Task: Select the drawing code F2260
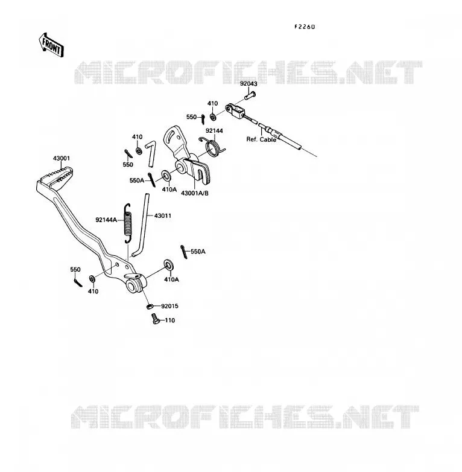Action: pos(305,27)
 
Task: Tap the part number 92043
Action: pos(248,84)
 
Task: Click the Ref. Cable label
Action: pos(261,139)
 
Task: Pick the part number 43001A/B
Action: pos(195,193)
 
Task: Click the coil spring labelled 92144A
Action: pos(128,223)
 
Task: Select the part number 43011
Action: pos(163,216)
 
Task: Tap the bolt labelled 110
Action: pos(156,319)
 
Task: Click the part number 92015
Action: pos(169,306)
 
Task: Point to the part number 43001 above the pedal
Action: pos(62,158)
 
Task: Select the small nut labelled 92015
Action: pos(150,307)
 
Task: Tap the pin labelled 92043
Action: pos(250,97)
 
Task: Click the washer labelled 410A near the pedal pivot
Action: pos(168,264)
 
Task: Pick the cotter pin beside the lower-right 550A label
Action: pos(184,252)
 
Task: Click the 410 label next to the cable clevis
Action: pos(212,104)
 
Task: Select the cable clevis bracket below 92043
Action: pos(236,110)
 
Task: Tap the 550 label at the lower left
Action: pos(75,270)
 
